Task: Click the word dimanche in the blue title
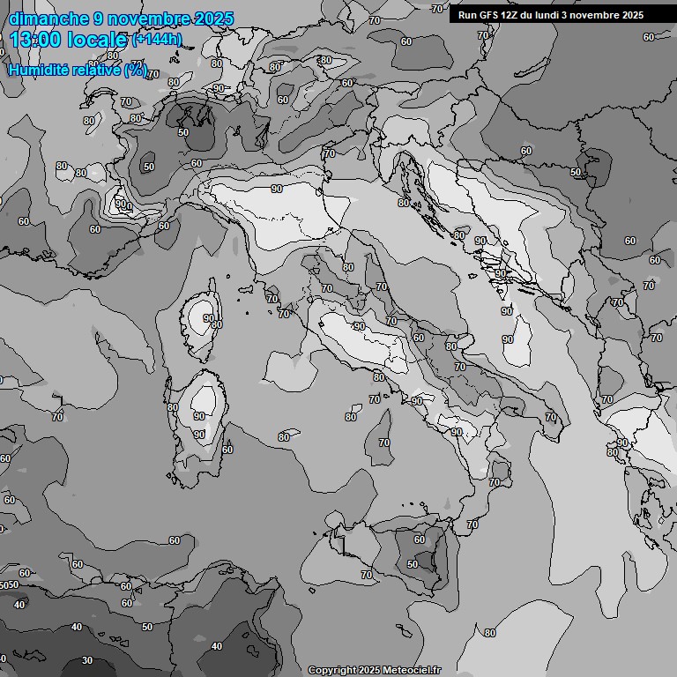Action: [x=48, y=19]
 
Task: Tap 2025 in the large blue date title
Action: [x=212, y=19]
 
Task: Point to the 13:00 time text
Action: [x=36, y=40]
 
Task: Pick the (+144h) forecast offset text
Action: [x=156, y=40]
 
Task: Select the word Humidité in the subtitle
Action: [x=36, y=70]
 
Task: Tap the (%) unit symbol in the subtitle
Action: [x=136, y=70]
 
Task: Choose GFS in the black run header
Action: [x=489, y=15]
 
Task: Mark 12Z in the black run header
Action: [x=512, y=15]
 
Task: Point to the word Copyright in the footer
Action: [x=332, y=670]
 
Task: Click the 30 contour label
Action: [x=87, y=659]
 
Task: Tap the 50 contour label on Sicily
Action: [x=413, y=564]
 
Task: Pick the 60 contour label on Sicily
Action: [x=420, y=539]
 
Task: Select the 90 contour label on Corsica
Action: [x=208, y=318]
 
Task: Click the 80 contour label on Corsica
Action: [x=217, y=325]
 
